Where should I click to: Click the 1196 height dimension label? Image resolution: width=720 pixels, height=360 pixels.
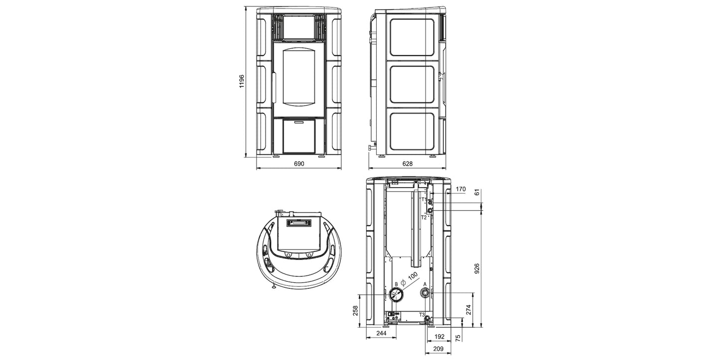click(x=242, y=81)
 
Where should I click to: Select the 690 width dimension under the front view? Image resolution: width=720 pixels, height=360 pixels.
click(x=298, y=164)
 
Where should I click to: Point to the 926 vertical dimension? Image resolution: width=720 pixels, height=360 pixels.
click(x=477, y=268)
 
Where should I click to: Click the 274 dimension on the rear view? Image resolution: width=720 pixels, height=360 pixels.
click(x=469, y=309)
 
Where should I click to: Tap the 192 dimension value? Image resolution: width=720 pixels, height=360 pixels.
click(x=439, y=337)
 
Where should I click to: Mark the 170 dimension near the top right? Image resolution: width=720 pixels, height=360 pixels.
click(x=460, y=189)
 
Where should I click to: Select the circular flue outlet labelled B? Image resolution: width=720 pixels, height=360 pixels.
click(x=397, y=295)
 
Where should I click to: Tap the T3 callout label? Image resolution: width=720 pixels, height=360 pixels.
click(x=422, y=315)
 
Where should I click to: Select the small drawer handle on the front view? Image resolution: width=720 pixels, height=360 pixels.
click(x=298, y=121)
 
